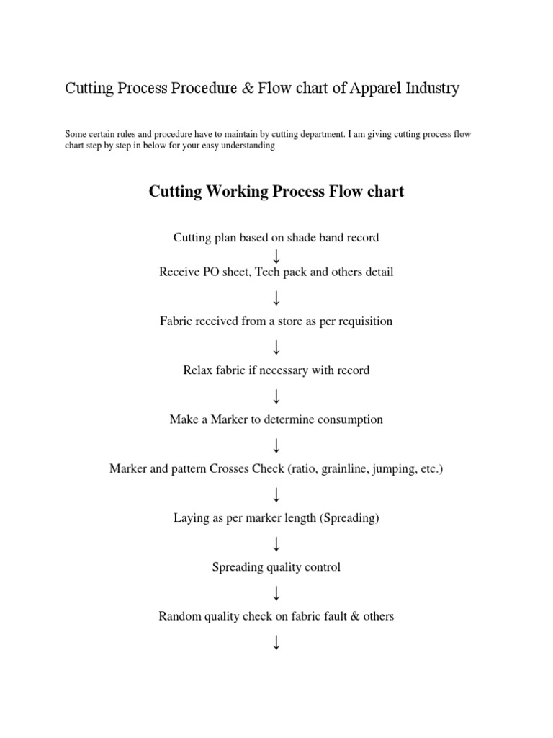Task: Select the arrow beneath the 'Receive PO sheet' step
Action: click(x=276, y=297)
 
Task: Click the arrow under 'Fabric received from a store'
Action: click(x=276, y=347)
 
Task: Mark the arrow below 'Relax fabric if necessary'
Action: click(x=276, y=396)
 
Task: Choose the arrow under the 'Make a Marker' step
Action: click(x=276, y=445)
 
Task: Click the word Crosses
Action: click(x=233, y=468)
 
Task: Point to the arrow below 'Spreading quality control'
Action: click(x=276, y=592)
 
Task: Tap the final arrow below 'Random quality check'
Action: click(x=276, y=641)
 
